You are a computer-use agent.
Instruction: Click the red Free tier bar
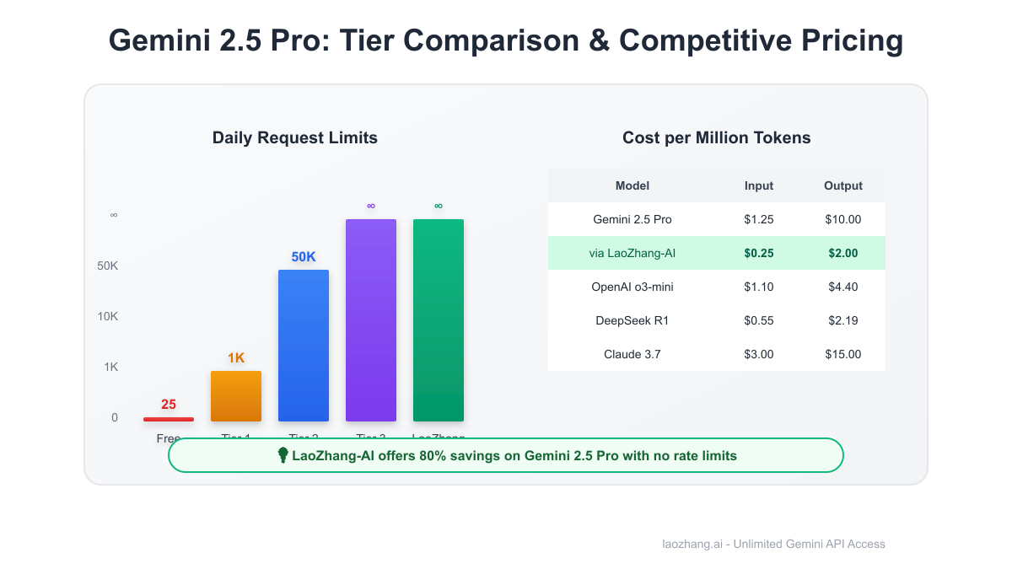coord(169,419)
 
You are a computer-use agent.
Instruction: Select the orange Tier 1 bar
coord(236,396)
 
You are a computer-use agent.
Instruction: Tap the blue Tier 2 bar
coord(304,346)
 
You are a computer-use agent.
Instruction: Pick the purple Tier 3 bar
coord(371,320)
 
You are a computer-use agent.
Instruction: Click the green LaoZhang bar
coord(439,320)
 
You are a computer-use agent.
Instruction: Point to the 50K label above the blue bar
coord(304,257)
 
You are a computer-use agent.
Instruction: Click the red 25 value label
coord(169,405)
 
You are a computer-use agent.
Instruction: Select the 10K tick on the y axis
coord(108,316)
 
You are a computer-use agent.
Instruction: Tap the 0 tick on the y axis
coord(115,417)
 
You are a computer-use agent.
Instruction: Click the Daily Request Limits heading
coord(295,138)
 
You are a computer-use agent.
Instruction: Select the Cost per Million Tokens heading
coord(717,138)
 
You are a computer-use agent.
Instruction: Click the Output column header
coord(843,185)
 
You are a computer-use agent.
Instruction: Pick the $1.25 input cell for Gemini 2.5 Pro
coord(759,219)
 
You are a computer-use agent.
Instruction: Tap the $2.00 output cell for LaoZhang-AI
coord(843,253)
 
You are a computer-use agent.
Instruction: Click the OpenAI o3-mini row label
coord(632,287)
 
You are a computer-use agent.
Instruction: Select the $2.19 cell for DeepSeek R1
coord(843,320)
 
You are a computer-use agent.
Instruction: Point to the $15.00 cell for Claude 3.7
coord(843,354)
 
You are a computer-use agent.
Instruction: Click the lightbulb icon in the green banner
coord(283,455)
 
